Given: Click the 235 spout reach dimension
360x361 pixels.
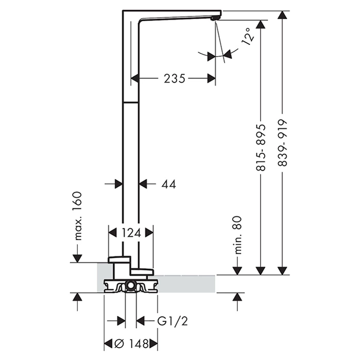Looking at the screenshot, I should pos(175,78).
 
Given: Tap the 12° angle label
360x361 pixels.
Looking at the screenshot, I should pos(249,38).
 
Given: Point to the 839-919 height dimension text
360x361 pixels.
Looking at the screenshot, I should pos(281,143).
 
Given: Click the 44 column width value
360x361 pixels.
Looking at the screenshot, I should pos(168,184).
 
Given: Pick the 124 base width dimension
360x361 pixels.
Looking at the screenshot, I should pos(131,233).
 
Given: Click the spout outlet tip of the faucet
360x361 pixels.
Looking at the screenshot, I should pos(216,19).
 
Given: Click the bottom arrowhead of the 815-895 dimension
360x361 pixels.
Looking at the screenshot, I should pos(261,270).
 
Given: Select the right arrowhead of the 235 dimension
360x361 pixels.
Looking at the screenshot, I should pos(211,78).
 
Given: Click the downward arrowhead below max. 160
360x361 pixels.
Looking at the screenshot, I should pos(77,257).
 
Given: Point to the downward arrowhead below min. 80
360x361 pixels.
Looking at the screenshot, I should pos(237,270).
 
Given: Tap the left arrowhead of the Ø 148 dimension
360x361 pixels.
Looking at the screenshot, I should pos(109,343).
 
